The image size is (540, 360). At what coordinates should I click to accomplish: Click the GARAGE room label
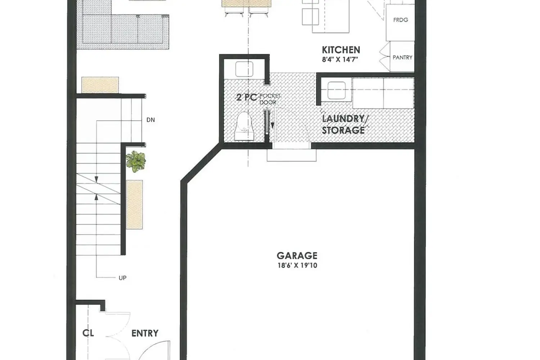tap(297, 256)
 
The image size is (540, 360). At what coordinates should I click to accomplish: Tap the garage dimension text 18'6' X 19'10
tap(297, 266)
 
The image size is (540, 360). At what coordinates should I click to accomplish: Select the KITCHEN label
tap(341, 50)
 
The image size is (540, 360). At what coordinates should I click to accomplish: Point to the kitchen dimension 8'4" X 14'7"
tap(340, 59)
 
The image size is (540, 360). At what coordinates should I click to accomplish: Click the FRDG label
tap(401, 20)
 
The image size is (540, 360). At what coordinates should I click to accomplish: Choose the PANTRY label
tap(402, 57)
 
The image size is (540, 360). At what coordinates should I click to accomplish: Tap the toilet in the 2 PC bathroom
tap(244, 126)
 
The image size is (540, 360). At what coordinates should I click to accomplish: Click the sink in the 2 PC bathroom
tap(244, 69)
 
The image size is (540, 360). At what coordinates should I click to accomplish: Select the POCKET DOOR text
tap(269, 99)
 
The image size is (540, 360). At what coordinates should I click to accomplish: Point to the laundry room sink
tap(336, 90)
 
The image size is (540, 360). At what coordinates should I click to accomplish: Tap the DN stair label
tap(150, 120)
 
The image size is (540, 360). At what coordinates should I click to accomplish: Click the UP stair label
tap(122, 278)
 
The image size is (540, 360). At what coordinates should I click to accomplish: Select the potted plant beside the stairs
tap(136, 161)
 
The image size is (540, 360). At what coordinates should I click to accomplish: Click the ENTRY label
tap(145, 333)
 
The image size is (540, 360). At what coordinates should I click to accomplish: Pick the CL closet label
tap(88, 333)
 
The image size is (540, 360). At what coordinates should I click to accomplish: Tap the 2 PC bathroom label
tap(247, 97)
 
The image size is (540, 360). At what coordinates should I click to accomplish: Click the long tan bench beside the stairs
tap(134, 204)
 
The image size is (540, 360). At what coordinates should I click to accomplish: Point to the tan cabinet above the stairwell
tap(100, 85)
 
